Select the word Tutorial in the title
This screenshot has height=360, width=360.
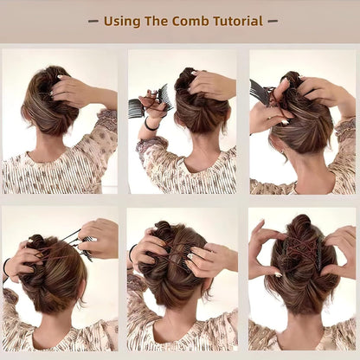point(231,21)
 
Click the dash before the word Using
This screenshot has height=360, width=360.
point(93,21)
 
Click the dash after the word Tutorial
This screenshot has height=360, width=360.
point(271,21)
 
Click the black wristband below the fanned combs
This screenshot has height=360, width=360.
point(151,125)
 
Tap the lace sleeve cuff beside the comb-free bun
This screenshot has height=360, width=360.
point(106,121)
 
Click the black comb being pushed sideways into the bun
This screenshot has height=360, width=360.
point(259,91)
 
